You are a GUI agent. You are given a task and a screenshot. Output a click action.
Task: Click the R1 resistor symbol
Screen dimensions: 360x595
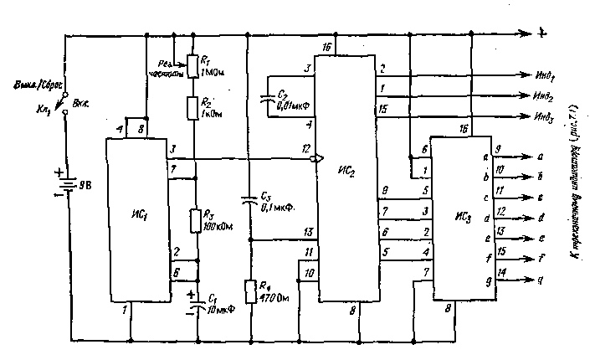(x=194, y=64)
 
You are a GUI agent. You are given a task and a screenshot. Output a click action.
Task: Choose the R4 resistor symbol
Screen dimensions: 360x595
(x=249, y=291)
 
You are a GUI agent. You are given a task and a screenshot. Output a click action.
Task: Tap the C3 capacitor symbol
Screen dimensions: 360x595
(x=249, y=201)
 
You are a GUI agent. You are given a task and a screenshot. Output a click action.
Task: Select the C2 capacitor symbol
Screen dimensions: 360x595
(x=269, y=98)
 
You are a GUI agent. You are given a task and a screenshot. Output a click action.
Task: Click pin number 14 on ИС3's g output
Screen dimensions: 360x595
(x=500, y=272)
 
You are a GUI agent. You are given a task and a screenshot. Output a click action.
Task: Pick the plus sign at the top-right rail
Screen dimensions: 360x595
(x=542, y=33)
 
